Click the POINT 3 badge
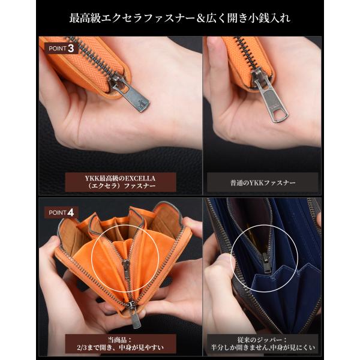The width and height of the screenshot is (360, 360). pyautogui.click(x=61, y=49)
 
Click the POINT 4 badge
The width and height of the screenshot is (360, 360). pyautogui.click(x=61, y=212)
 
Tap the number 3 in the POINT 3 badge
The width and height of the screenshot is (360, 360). pyautogui.click(x=71, y=49)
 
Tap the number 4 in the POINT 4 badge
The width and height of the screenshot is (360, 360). pyautogui.click(x=70, y=212)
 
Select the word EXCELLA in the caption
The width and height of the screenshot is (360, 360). pyautogui.click(x=140, y=178)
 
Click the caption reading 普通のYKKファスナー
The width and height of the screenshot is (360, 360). pyautogui.click(x=263, y=183)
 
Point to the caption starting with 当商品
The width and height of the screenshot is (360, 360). pyautogui.click(x=121, y=344)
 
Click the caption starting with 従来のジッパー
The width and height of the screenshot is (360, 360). pyautogui.click(x=263, y=344)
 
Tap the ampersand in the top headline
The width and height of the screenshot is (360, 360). pyautogui.click(x=200, y=19)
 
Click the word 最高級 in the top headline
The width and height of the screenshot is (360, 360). pyautogui.click(x=85, y=18)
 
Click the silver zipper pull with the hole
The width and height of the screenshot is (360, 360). pyautogui.click(x=271, y=97)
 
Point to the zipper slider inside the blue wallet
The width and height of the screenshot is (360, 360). pyautogui.click(x=266, y=262)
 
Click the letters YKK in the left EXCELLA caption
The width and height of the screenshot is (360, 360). pyautogui.click(x=91, y=178)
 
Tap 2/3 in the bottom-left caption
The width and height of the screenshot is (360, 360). pyautogui.click(x=82, y=347)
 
